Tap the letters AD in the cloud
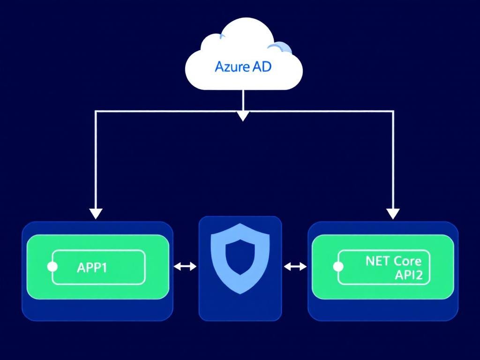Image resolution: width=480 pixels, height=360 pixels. (x=261, y=67)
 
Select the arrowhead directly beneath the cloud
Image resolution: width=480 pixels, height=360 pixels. (x=242, y=116)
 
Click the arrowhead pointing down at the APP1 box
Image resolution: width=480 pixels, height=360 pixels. (x=96, y=213)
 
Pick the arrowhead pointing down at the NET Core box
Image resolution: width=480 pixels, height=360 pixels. (x=393, y=213)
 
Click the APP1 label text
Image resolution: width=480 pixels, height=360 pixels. (x=91, y=268)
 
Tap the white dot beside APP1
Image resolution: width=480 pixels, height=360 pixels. (x=52, y=267)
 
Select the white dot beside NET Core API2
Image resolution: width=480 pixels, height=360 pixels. (x=337, y=267)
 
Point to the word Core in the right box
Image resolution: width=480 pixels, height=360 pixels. (x=407, y=261)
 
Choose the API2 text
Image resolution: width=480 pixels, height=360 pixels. (x=408, y=275)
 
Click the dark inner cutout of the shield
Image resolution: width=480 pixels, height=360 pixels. (x=240, y=257)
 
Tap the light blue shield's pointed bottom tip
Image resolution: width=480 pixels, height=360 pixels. (x=240, y=292)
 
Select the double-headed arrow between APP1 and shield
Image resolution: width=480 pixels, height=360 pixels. (x=185, y=267)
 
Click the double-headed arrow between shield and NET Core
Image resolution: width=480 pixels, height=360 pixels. (x=295, y=267)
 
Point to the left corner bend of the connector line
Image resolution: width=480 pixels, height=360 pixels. (x=96, y=112)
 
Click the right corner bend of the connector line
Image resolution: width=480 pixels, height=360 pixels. (x=393, y=112)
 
